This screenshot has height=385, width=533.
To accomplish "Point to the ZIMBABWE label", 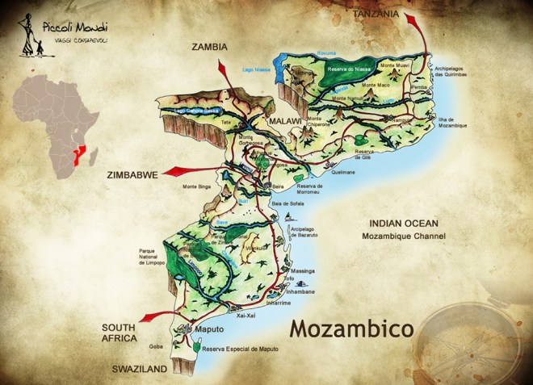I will pyautogui.click(x=132, y=173).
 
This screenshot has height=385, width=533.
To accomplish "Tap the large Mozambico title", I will pyautogui.click(x=351, y=329).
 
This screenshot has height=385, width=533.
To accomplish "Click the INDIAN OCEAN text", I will pyautogui.click(x=403, y=223).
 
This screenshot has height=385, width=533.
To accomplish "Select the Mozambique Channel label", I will pyautogui.click(x=403, y=236).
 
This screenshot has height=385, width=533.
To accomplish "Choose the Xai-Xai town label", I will pyautogui.click(x=245, y=316).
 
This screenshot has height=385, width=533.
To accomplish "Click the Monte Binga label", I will pyautogui.click(x=196, y=186).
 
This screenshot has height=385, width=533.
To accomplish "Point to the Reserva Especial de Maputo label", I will pyautogui.click(x=240, y=348).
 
